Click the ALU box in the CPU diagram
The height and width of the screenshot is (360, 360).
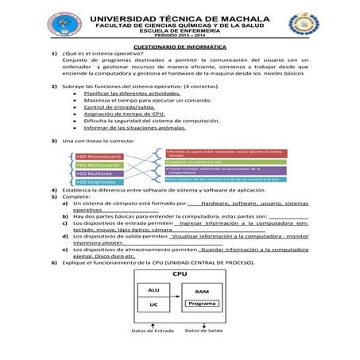(153, 291)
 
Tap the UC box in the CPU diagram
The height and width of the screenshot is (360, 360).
(153, 304)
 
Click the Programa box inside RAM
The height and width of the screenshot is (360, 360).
(202, 304)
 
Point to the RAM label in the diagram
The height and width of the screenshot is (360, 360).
(202, 292)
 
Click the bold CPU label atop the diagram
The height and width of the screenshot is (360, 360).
(179, 273)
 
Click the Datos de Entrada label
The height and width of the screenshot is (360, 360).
(153, 330)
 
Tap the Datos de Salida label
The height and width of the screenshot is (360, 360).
(203, 330)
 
